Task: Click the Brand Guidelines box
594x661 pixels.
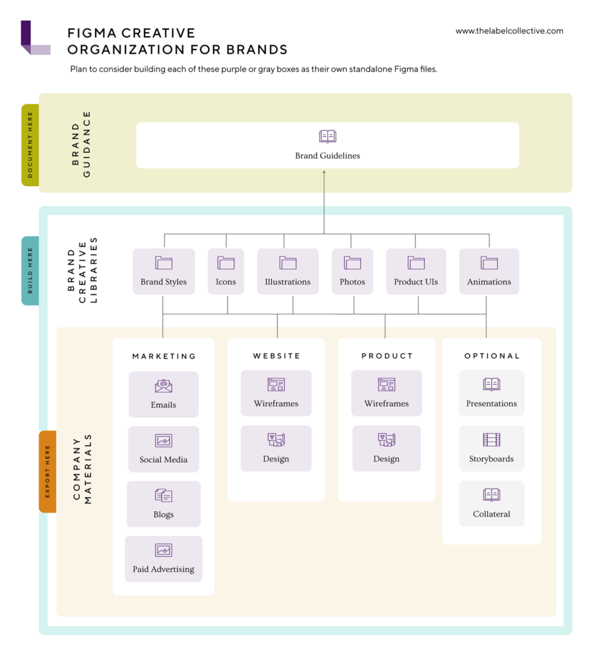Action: [327, 145]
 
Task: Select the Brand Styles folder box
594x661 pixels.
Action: [163, 271]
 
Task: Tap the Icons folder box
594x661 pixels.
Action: [225, 271]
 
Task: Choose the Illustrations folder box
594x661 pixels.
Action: [287, 271]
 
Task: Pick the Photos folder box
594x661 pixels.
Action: [352, 271]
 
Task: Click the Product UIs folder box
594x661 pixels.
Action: [416, 271]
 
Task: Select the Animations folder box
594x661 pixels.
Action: [489, 271]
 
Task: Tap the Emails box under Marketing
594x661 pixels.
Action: [163, 394]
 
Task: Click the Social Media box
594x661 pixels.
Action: [163, 449]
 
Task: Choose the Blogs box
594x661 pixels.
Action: [163, 504]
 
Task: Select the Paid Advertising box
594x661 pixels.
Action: [163, 559]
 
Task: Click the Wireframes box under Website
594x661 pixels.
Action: [276, 393]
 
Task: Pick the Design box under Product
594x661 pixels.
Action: [386, 449]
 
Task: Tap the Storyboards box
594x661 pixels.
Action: [491, 449]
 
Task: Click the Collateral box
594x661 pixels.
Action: [491, 503]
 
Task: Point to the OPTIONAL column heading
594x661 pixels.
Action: [491, 356]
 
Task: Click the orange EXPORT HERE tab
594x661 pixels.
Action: [47, 471]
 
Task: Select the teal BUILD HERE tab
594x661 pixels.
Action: [30, 270]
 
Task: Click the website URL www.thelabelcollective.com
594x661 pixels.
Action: [509, 31]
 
